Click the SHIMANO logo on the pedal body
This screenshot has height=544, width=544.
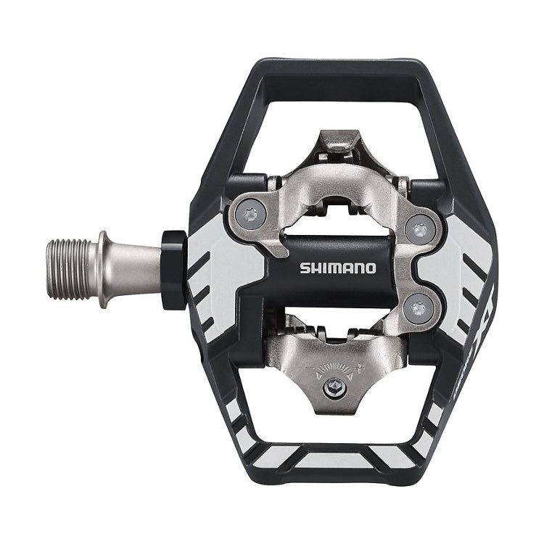pos(338,268)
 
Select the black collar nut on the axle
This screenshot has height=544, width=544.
pos(173,270)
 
